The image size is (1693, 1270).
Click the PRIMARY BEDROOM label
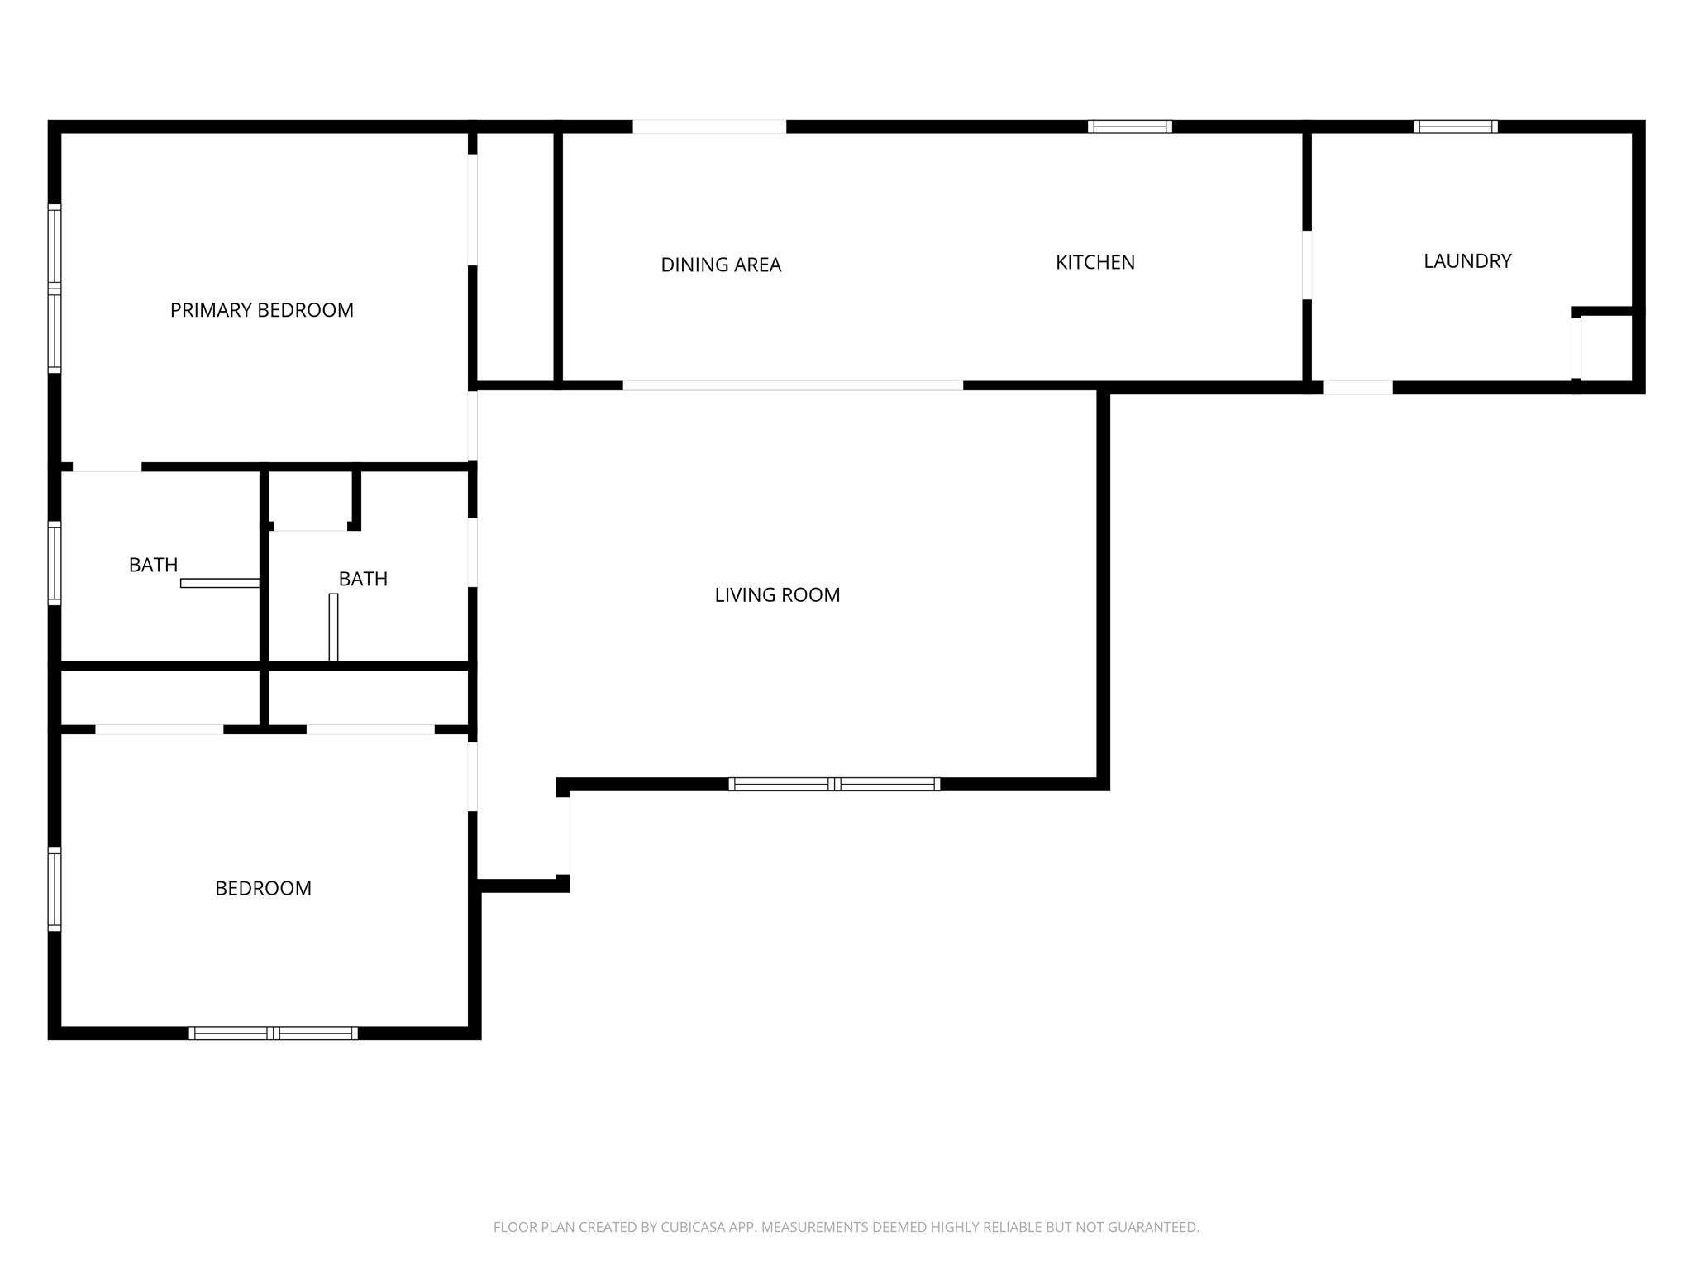[x=261, y=310]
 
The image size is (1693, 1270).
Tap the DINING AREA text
[x=721, y=265]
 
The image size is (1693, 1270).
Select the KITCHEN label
[x=1094, y=262]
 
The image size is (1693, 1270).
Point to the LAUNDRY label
[x=1467, y=261]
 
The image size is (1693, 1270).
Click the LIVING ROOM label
[x=777, y=594]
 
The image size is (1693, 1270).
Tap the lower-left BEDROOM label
[x=263, y=888]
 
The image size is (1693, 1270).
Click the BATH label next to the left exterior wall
[x=153, y=565]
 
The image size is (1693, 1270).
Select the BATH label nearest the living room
[x=363, y=579]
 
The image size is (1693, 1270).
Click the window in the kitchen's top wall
[x=1129, y=127]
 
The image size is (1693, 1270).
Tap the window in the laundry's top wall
[x=1455, y=127]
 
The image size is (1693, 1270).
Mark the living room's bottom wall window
[x=834, y=784]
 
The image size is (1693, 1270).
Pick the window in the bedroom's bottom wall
[x=273, y=1033]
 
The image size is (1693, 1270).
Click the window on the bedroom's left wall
[x=55, y=889]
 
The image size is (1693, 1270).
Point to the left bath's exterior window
[x=55, y=563]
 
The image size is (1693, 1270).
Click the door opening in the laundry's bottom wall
[x=1357, y=387]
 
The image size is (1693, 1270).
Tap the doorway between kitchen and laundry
[x=1307, y=265]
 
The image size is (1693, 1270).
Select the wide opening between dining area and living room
[x=793, y=385]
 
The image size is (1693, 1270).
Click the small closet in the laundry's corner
[x=1605, y=347]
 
